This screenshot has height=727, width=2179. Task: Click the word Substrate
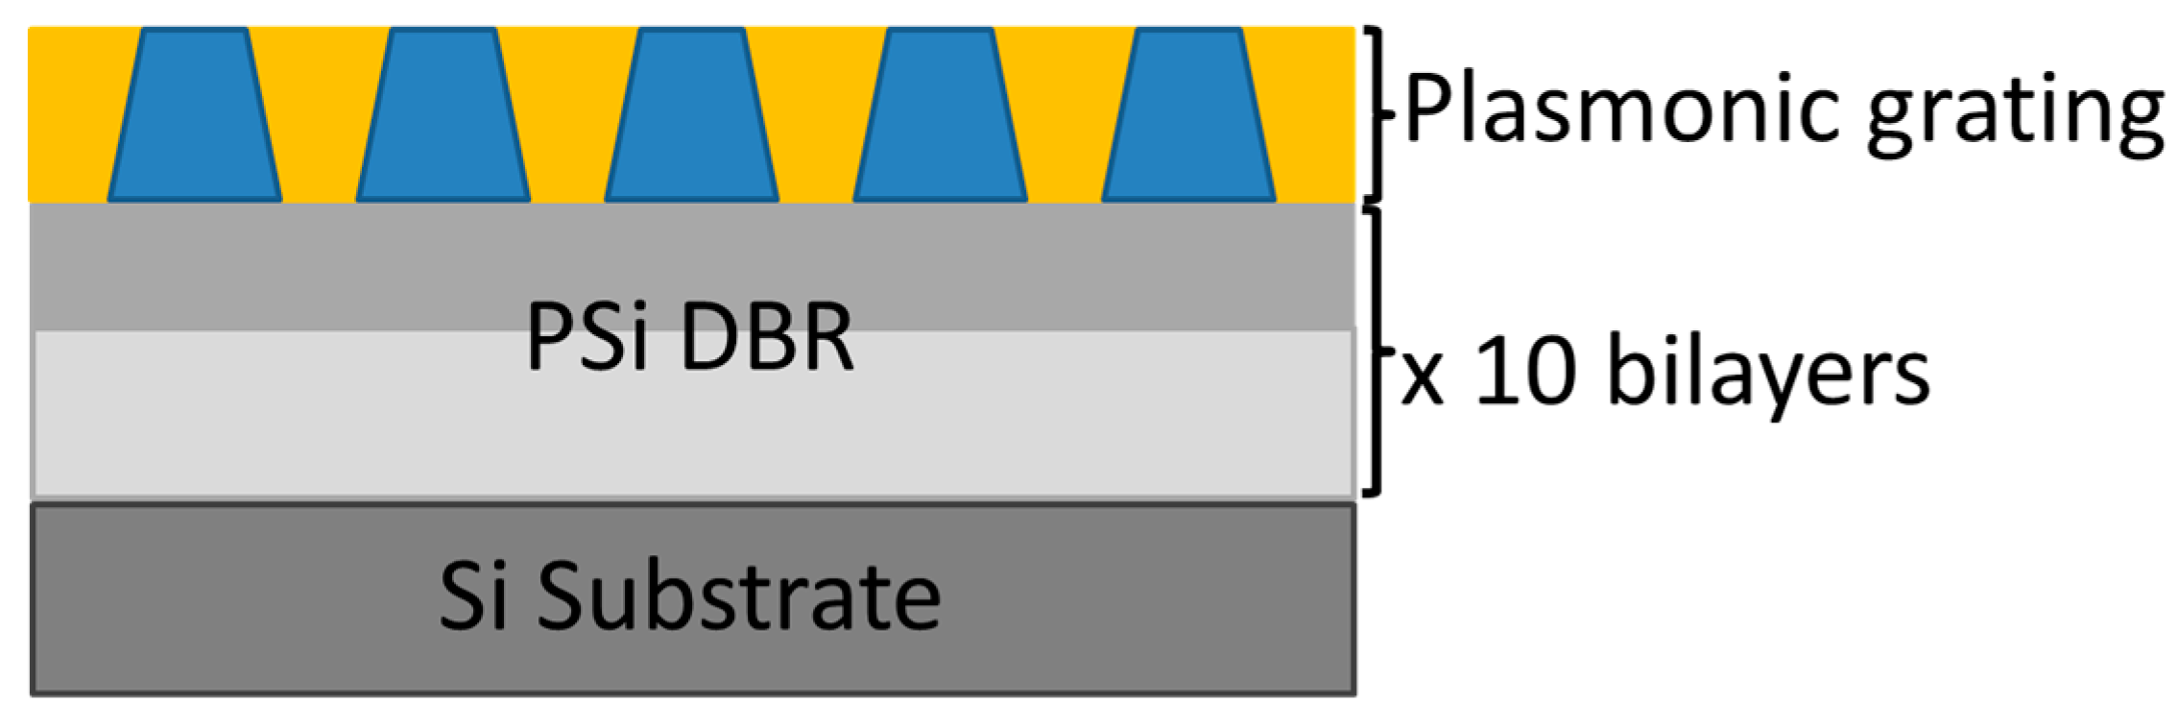point(738,596)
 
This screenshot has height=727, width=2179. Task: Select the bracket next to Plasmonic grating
point(1379,113)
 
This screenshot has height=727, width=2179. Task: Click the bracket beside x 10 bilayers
point(1379,351)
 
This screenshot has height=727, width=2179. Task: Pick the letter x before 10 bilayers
point(1423,379)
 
